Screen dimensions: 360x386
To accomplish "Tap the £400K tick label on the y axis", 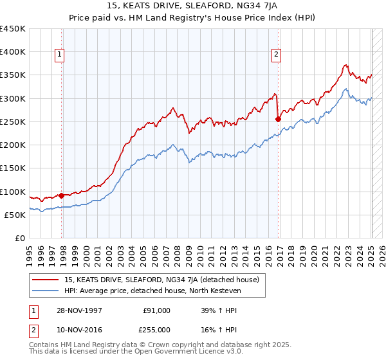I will (13, 52).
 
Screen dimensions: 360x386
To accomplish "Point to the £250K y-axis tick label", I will (13, 122).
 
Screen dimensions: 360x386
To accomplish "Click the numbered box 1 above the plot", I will (59, 55).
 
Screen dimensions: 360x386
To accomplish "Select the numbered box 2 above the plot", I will (275, 55).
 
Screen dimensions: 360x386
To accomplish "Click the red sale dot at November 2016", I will (278, 119).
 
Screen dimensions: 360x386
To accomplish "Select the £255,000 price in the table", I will (156, 329).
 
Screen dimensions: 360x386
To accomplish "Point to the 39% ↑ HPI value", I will (216, 310).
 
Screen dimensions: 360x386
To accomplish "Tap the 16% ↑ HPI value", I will (216, 329).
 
